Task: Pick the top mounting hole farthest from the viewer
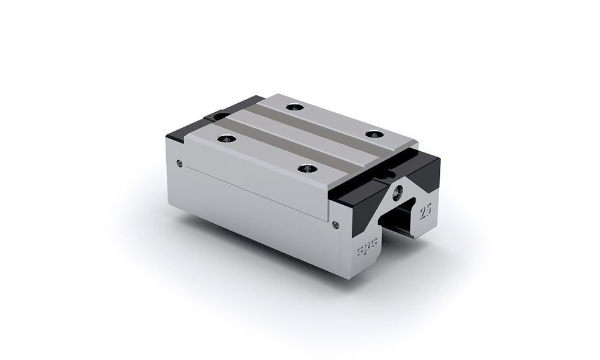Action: [293, 108]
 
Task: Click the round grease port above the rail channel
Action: [397, 193]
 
